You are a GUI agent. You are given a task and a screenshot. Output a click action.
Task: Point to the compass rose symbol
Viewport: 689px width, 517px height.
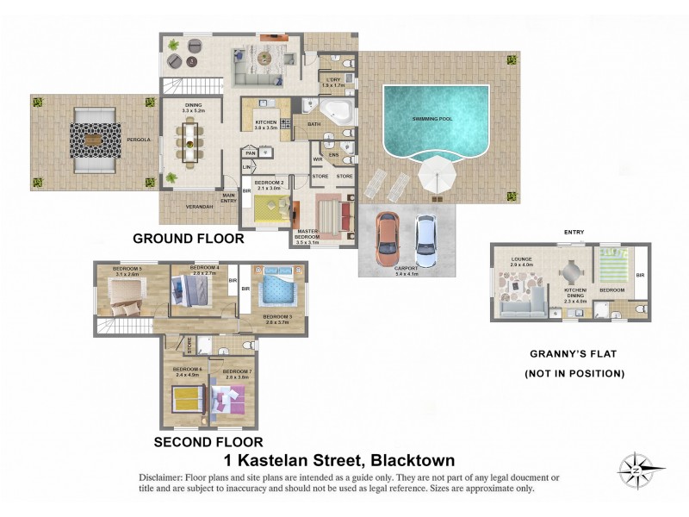coord(636,470)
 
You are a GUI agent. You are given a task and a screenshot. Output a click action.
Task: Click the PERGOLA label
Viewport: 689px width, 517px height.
coord(140,139)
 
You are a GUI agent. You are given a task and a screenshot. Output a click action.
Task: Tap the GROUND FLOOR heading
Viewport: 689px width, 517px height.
coord(188,238)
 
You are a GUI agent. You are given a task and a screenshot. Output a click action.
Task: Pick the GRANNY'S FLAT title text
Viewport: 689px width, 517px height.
coord(574,353)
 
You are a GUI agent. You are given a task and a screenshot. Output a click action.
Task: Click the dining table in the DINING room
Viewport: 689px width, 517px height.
coord(189,141)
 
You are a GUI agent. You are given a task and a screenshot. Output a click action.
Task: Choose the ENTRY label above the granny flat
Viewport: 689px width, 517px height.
coord(574,233)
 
